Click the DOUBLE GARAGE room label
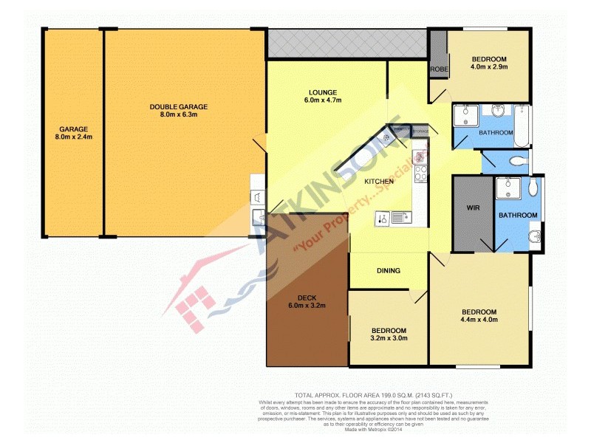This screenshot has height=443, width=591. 178,107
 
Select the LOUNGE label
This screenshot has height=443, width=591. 324,92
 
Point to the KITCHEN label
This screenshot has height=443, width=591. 378,182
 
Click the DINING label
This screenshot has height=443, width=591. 389,271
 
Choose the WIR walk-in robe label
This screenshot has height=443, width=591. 474,208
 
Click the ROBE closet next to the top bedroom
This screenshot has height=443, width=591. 439,69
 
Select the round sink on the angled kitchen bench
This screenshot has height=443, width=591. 386,137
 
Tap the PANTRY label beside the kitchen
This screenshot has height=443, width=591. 402,129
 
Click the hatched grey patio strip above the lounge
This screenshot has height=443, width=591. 347,44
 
